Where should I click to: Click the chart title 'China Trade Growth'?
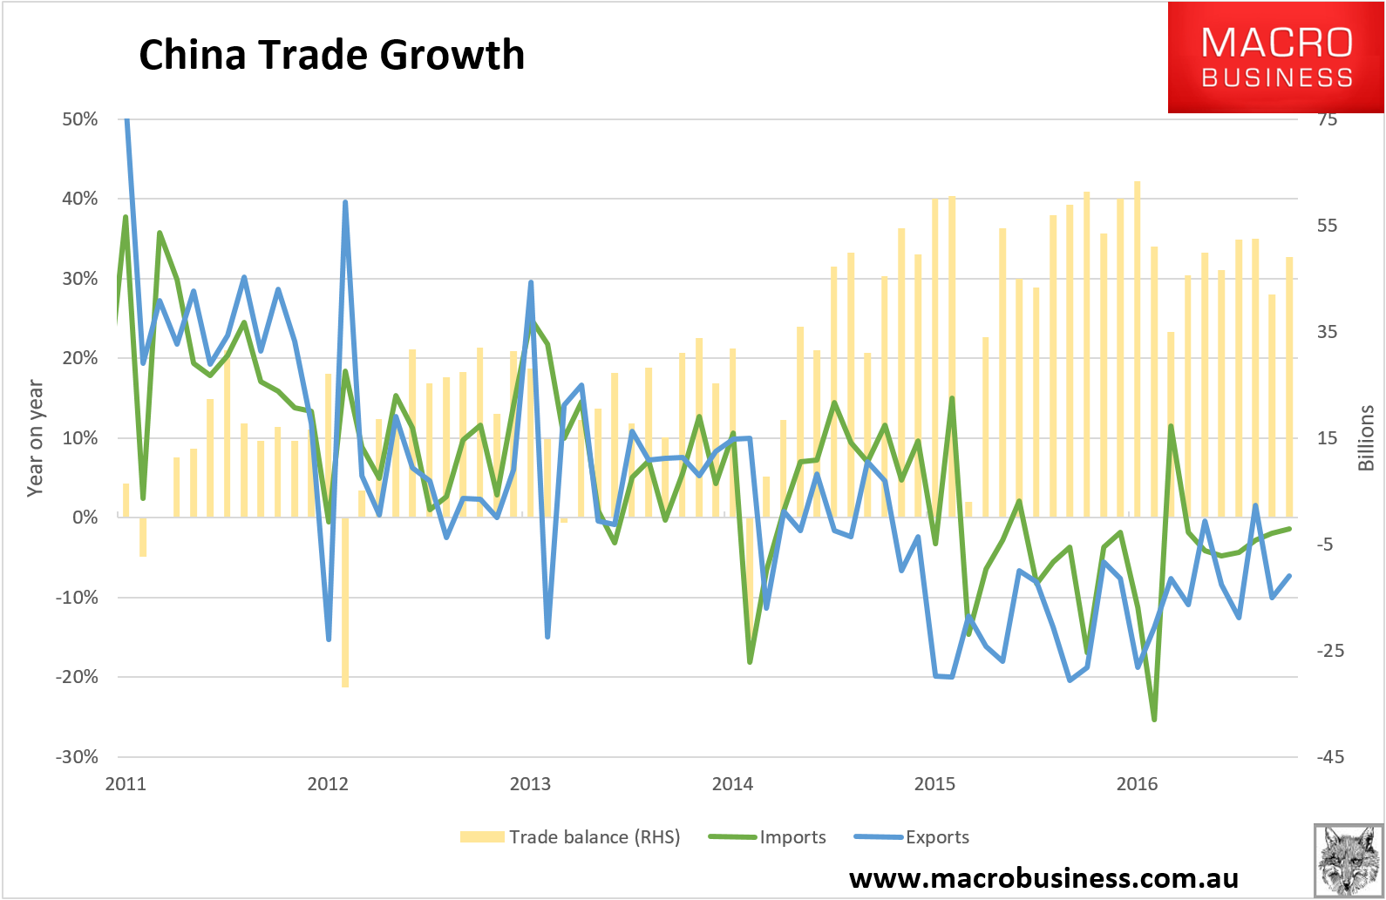pos(331,55)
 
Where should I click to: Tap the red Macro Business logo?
pos(1276,57)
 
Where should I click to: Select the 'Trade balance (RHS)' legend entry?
pos(569,837)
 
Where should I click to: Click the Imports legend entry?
pos(767,837)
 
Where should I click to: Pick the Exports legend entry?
pos(912,837)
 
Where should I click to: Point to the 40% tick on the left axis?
pos(80,199)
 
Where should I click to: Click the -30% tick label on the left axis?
pos(77,756)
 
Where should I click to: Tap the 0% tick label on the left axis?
pos(85,518)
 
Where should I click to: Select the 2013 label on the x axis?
pos(530,784)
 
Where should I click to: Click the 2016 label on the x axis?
pos(1137,784)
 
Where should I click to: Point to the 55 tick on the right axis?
pos(1327,225)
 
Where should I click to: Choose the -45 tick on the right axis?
pos(1330,756)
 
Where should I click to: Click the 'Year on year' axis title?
pos(35,438)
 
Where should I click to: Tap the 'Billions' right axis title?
pos(1366,438)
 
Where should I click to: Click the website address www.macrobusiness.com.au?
pos(1043,877)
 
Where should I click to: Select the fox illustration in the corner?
pos(1349,861)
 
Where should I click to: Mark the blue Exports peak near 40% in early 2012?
pos(345,202)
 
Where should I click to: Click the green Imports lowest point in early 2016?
pos(1154,720)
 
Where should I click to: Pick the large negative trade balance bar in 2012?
pos(345,603)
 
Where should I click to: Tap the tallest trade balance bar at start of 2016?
pos(1138,348)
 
